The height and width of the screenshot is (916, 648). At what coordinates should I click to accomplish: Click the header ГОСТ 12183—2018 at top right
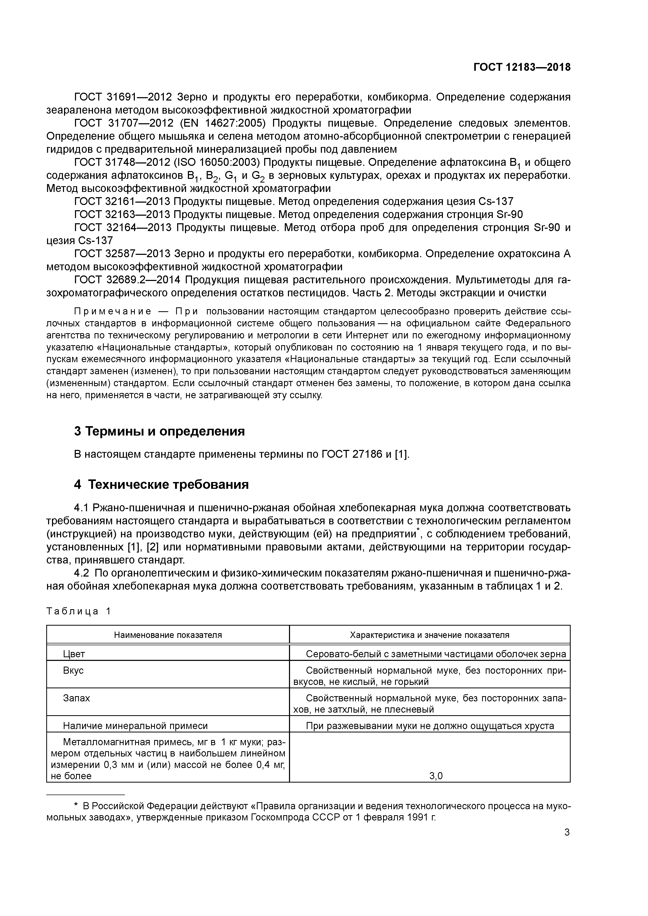click(522, 67)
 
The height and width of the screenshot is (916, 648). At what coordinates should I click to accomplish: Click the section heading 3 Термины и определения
click(159, 431)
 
